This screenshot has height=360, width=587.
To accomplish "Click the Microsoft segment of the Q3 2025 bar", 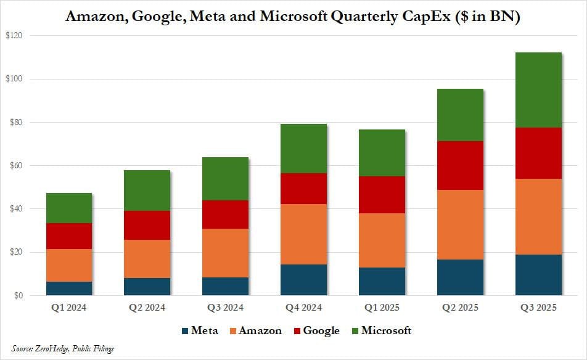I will pos(538,90).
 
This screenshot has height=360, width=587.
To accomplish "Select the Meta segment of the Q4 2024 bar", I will pos(303,280).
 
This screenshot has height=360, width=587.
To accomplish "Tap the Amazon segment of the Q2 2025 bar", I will pos(460,224).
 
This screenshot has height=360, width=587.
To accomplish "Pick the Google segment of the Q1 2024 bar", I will pos(68,236).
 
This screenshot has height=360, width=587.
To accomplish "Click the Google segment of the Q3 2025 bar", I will pos(538,153).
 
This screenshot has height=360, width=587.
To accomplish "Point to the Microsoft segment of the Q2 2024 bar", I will pos(147,190).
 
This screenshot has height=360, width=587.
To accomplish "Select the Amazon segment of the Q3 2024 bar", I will pos(225,253).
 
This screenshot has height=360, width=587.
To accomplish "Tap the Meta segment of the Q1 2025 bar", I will pos(382,281).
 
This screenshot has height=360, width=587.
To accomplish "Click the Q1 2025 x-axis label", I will pos(382,308).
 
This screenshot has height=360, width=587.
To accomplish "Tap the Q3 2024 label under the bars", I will pos(225,308).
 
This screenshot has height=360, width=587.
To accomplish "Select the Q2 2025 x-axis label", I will pos(460,308).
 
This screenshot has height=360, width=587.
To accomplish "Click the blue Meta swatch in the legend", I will pos(184,331).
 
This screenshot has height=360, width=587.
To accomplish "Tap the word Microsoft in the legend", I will pos(386,331).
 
